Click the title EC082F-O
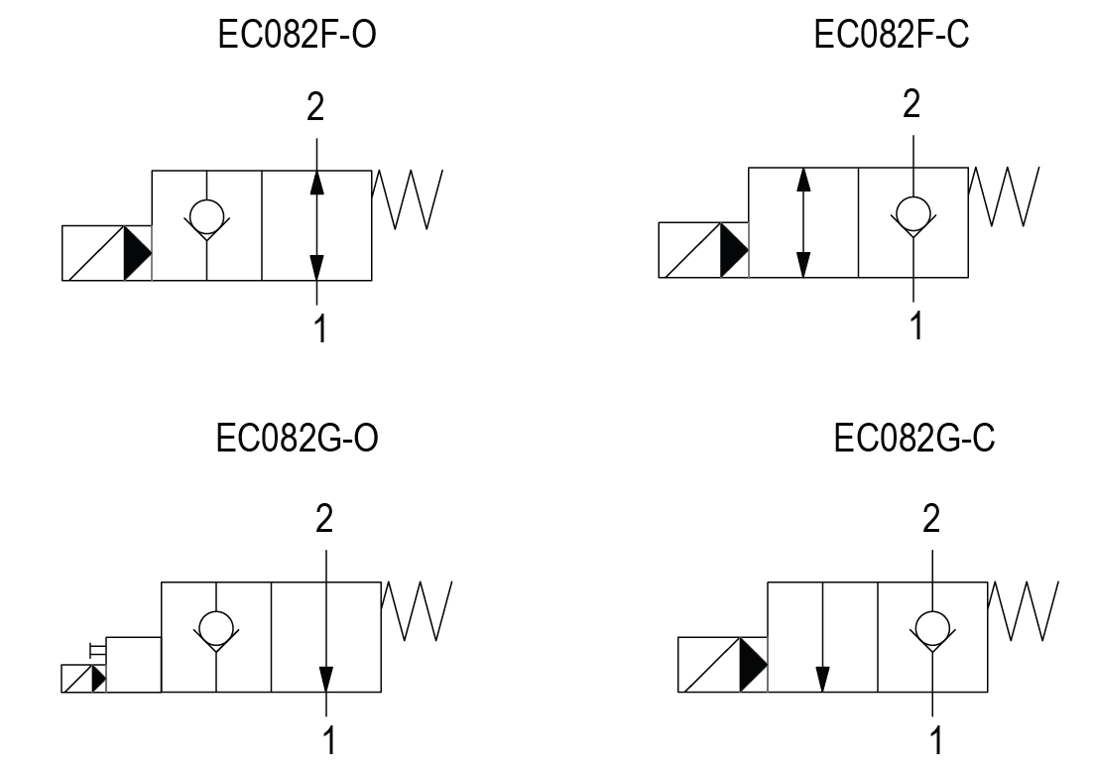click(297, 37)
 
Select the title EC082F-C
click(891, 37)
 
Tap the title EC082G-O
click(297, 438)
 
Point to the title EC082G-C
click(913, 438)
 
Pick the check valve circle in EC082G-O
click(216, 626)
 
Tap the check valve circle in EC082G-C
click(931, 626)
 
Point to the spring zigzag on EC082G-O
click(418, 611)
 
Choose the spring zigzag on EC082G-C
click(1024, 611)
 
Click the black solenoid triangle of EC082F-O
click(136, 253)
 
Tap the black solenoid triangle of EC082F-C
click(733, 251)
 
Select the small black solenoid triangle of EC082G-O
click(97, 679)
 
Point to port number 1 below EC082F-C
click(916, 323)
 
